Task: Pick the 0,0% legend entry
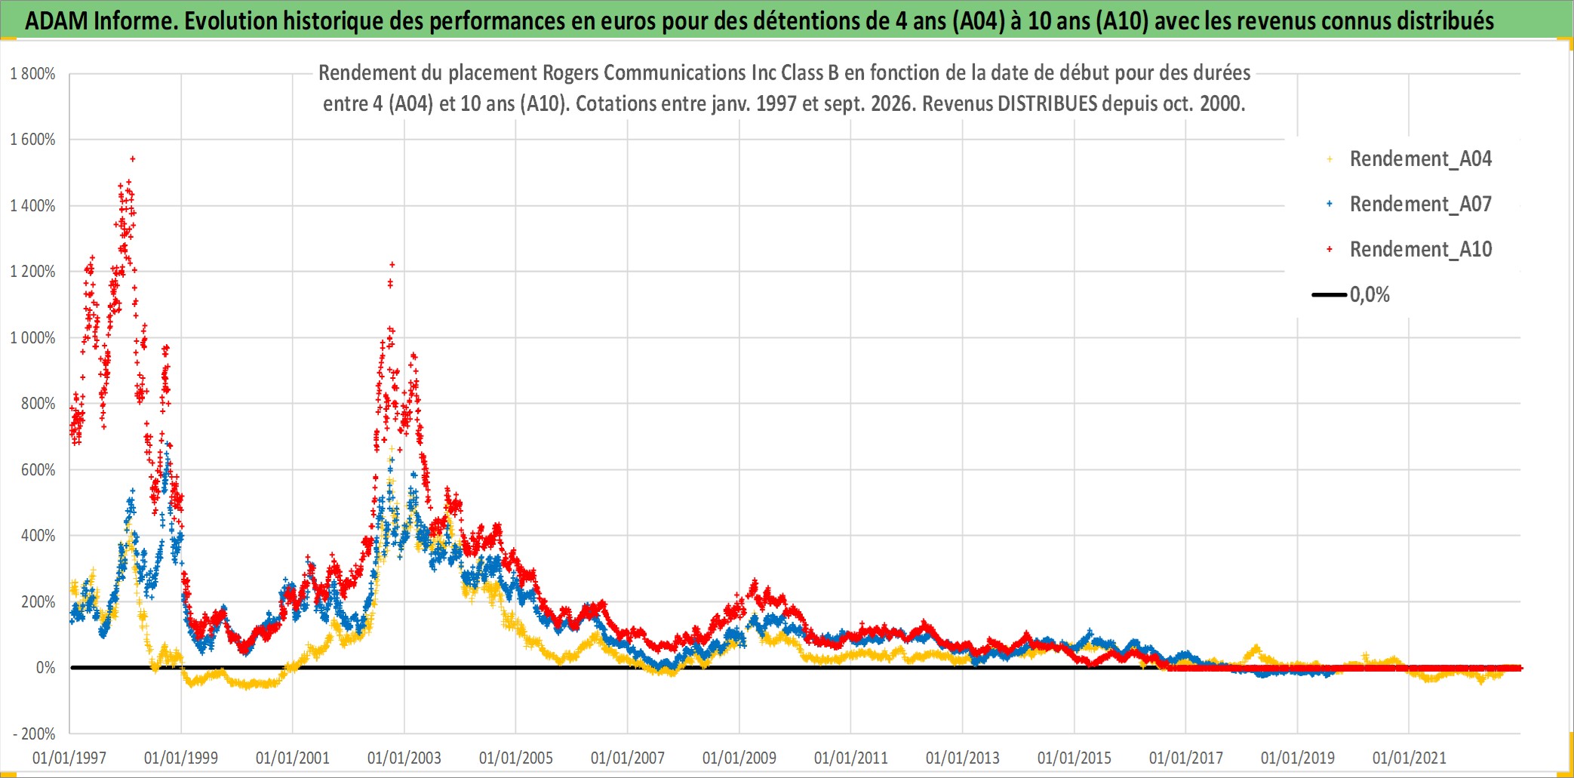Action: [1351, 294]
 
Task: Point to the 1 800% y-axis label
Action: [32, 74]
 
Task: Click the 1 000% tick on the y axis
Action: [32, 337]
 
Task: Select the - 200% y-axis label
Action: [34, 733]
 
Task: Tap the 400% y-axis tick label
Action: [38, 536]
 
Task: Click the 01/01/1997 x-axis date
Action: [69, 758]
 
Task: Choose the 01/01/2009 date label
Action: [739, 758]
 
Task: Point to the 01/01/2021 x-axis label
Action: [1410, 758]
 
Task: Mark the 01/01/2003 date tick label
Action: [404, 758]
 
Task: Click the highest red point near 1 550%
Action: [133, 158]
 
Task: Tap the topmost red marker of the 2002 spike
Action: [392, 264]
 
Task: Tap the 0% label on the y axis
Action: [46, 668]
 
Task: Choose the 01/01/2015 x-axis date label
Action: [1074, 758]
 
